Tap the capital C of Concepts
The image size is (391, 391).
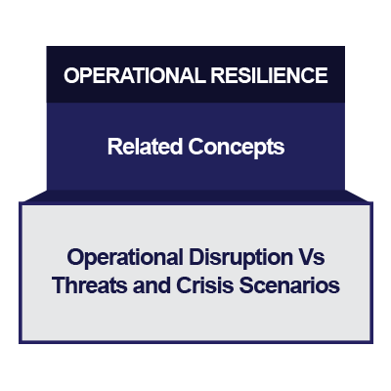pyautogui.click(x=196, y=148)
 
